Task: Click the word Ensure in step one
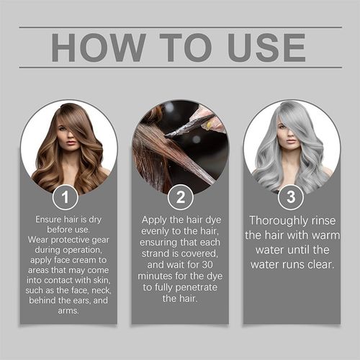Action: [x=50, y=218]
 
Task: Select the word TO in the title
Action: [x=179, y=48]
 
